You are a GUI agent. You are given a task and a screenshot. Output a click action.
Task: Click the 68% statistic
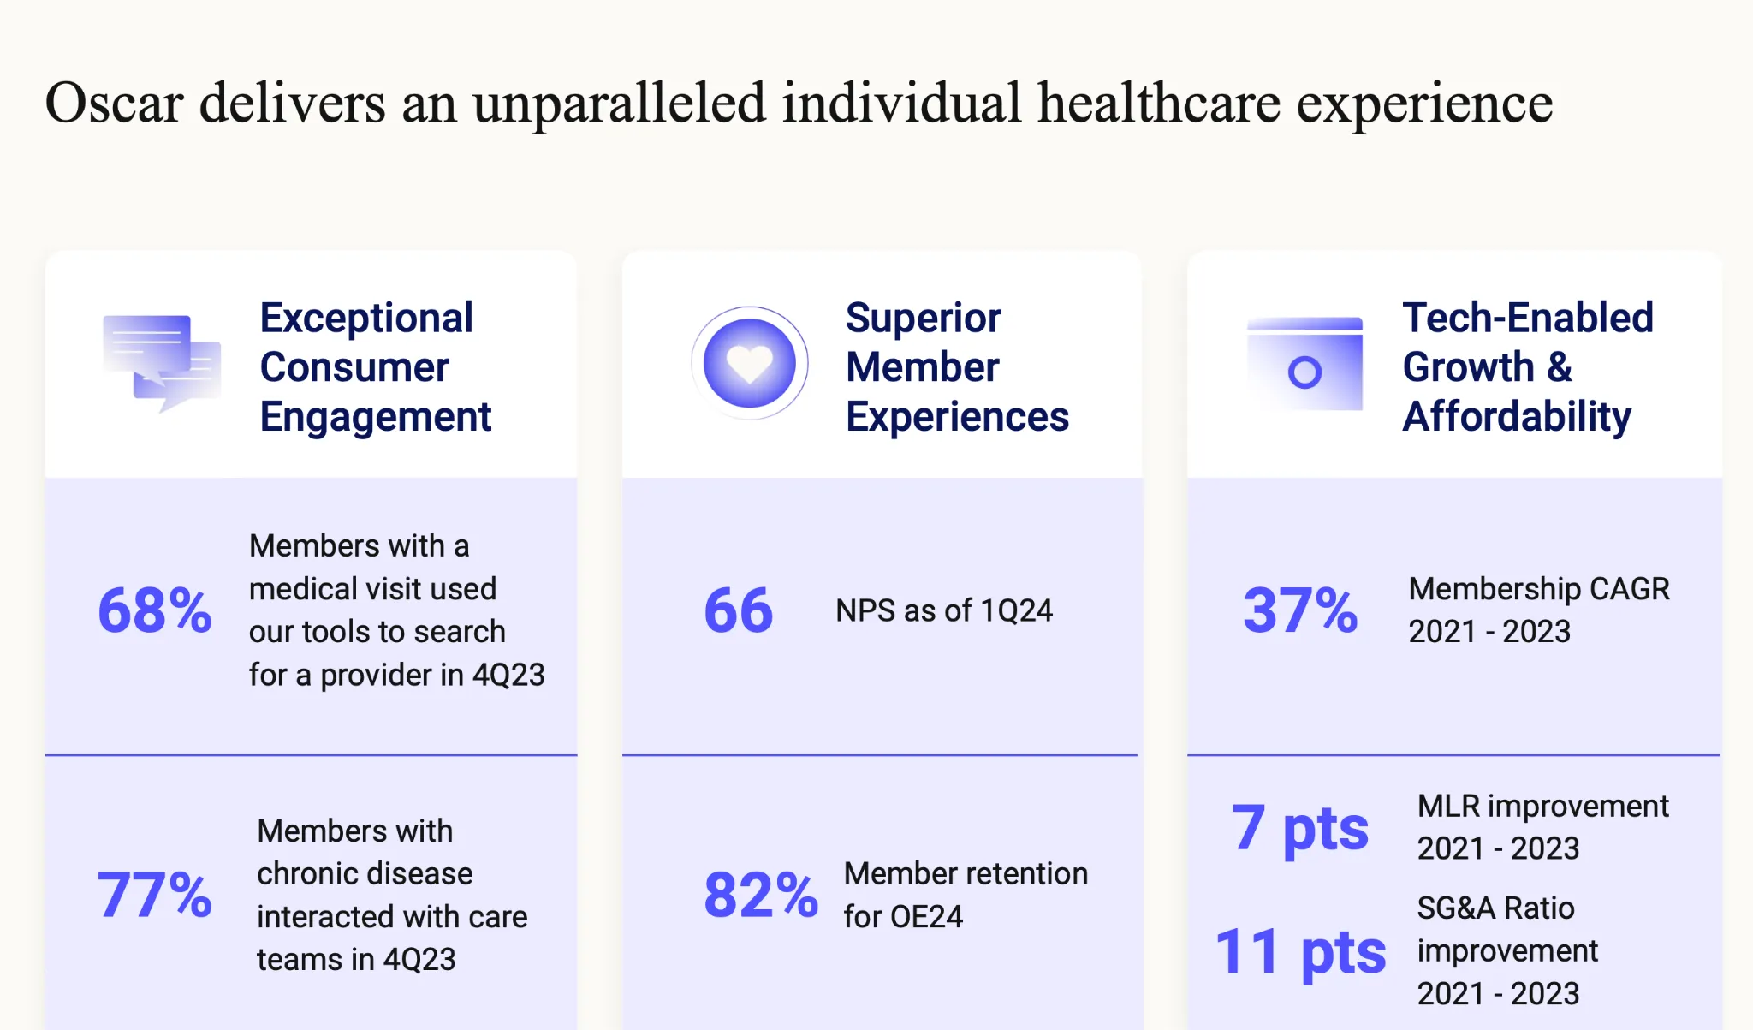[x=155, y=610]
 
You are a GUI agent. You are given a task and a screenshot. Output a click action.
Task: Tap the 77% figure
[x=154, y=895]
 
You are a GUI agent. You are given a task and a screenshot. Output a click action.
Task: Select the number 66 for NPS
[x=739, y=610]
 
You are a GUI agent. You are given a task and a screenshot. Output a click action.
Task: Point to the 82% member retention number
[x=761, y=895]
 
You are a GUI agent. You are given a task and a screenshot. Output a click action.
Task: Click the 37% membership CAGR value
[x=1300, y=610]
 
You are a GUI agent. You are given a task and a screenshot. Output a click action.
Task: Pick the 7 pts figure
[x=1300, y=829]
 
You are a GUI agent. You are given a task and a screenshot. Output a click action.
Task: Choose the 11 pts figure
[x=1300, y=952]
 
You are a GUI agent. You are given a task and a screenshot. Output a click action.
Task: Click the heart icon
[x=750, y=363]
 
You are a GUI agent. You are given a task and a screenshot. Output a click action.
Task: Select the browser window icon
[x=1304, y=364]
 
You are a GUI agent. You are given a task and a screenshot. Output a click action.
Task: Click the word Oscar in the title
[x=114, y=104]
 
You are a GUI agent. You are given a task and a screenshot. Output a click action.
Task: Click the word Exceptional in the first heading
[x=366, y=319]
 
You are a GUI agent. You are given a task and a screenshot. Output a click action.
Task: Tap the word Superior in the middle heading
[x=924, y=319]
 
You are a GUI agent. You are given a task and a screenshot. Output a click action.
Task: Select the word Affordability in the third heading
[x=1517, y=417]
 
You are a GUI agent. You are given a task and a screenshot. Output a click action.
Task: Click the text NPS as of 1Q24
[x=944, y=610]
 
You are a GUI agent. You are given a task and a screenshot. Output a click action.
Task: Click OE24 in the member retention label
[x=927, y=917]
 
